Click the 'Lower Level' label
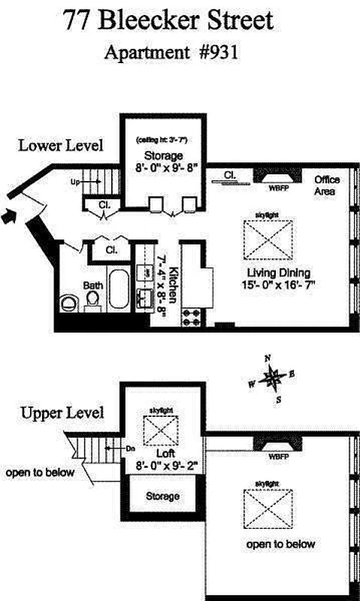tap(61, 145)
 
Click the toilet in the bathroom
tap(68, 303)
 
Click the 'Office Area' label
tap(327, 186)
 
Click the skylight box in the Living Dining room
tap(268, 240)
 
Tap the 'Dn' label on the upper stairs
tap(130, 448)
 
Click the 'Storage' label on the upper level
tap(162, 497)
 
